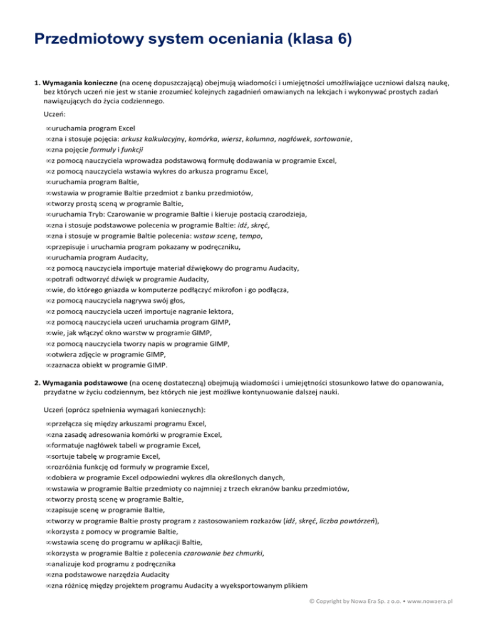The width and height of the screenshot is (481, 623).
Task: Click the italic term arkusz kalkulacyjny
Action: (x=152, y=140)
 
